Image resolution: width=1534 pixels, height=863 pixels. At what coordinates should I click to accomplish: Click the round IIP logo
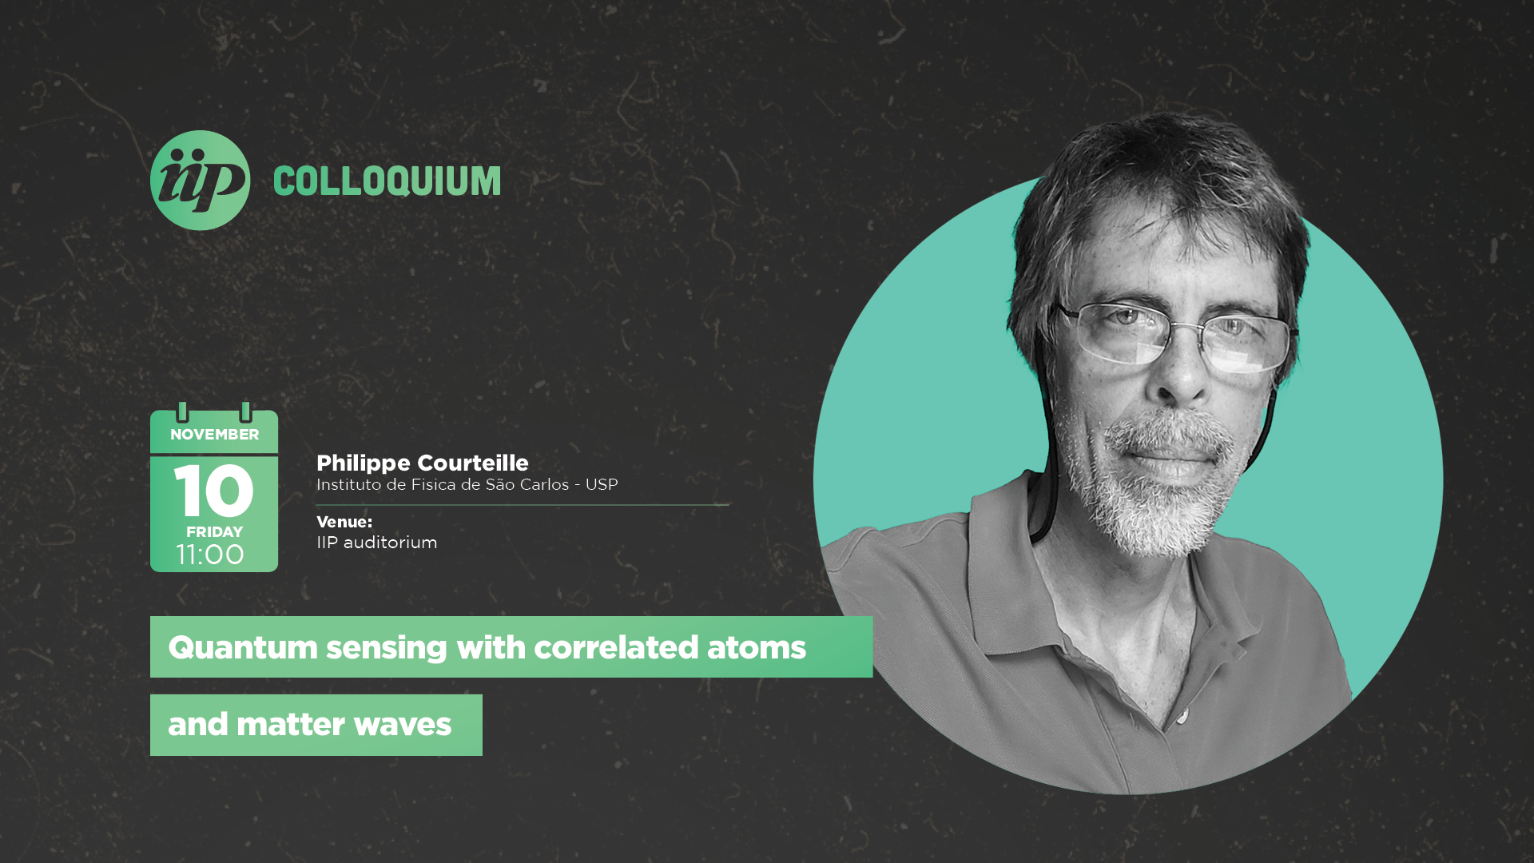point(200,181)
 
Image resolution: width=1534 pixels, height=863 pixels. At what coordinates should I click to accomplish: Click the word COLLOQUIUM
point(387,181)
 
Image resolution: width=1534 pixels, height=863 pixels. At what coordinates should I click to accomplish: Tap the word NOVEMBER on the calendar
point(214,435)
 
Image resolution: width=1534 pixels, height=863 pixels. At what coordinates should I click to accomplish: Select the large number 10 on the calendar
point(214,490)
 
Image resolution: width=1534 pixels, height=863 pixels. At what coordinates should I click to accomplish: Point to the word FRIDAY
point(214,532)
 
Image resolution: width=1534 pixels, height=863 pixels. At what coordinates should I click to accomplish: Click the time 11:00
point(210,555)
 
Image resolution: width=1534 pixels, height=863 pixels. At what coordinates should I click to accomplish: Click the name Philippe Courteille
point(423,463)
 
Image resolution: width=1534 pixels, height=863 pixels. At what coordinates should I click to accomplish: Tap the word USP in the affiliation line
point(602,484)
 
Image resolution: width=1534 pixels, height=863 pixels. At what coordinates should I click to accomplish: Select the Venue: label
point(344,522)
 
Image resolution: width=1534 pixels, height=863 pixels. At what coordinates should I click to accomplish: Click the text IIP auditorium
point(377,543)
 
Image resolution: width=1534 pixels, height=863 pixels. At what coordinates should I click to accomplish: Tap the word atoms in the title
point(757,648)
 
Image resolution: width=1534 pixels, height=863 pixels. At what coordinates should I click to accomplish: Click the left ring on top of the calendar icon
point(182,412)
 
